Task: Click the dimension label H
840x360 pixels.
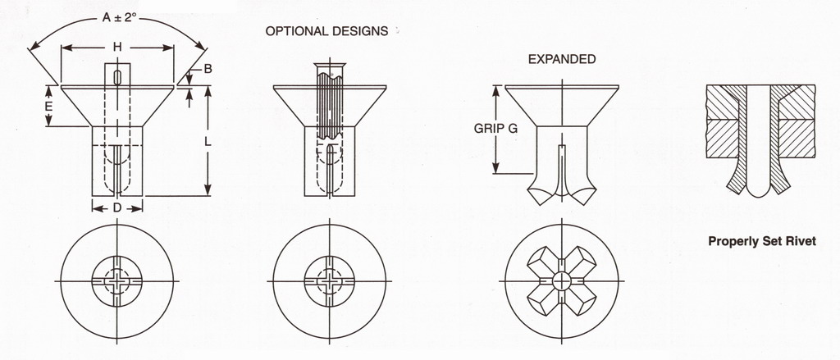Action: tap(117, 48)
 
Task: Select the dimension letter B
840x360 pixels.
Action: tap(208, 70)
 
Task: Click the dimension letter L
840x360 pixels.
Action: tap(207, 141)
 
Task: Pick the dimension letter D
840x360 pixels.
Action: tap(117, 208)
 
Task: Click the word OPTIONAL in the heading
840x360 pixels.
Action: tap(294, 32)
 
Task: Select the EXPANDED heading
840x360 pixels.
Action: tap(562, 59)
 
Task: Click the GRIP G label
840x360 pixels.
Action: tap(495, 129)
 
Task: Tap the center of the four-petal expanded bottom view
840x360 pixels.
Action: tap(562, 280)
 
